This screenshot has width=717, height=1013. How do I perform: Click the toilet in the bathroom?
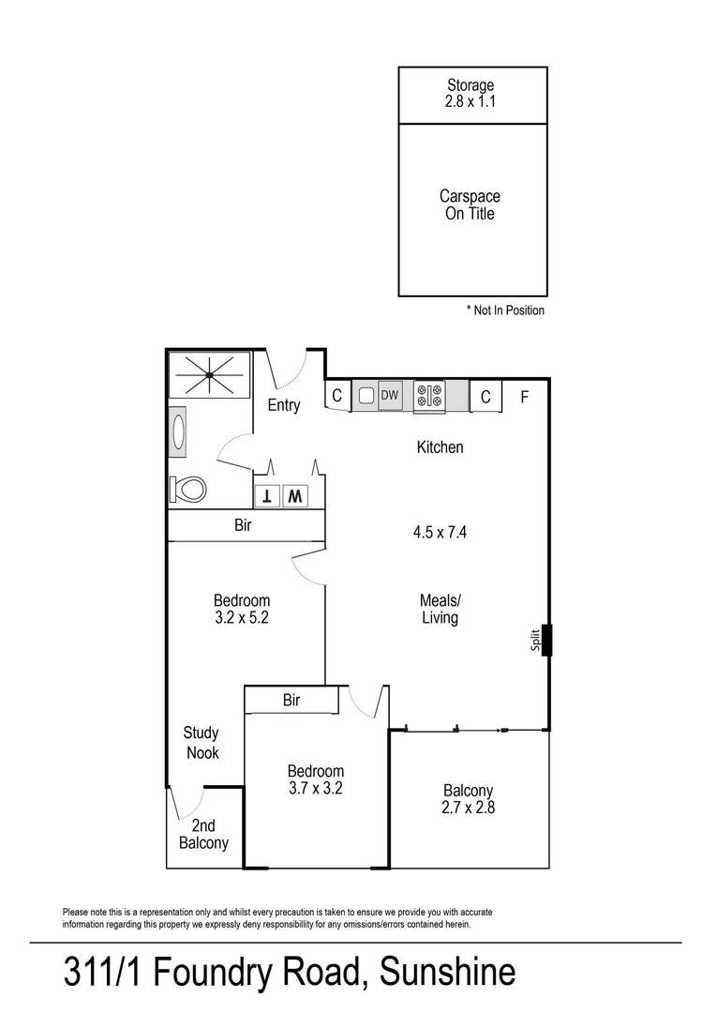tap(189, 490)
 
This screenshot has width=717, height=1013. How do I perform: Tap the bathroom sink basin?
tap(180, 431)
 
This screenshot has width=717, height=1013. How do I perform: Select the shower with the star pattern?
tap(209, 374)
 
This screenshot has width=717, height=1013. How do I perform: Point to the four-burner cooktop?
tap(429, 397)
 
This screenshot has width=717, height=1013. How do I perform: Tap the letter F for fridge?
tap(525, 397)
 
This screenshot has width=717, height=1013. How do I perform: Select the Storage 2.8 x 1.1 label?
tap(471, 94)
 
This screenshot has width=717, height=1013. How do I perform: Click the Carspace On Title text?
tap(470, 205)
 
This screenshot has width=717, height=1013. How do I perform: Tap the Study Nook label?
tap(202, 743)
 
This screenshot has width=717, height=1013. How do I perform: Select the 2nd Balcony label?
tap(203, 834)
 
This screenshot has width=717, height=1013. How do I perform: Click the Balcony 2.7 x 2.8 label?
tap(468, 798)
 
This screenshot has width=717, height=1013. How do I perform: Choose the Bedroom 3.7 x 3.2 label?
tap(315, 779)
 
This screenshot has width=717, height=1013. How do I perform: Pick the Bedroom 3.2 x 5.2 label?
tap(242, 609)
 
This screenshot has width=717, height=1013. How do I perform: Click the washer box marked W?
tap(294, 495)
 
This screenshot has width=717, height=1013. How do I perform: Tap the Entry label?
tap(284, 405)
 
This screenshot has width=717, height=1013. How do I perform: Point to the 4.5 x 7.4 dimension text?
tap(441, 532)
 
